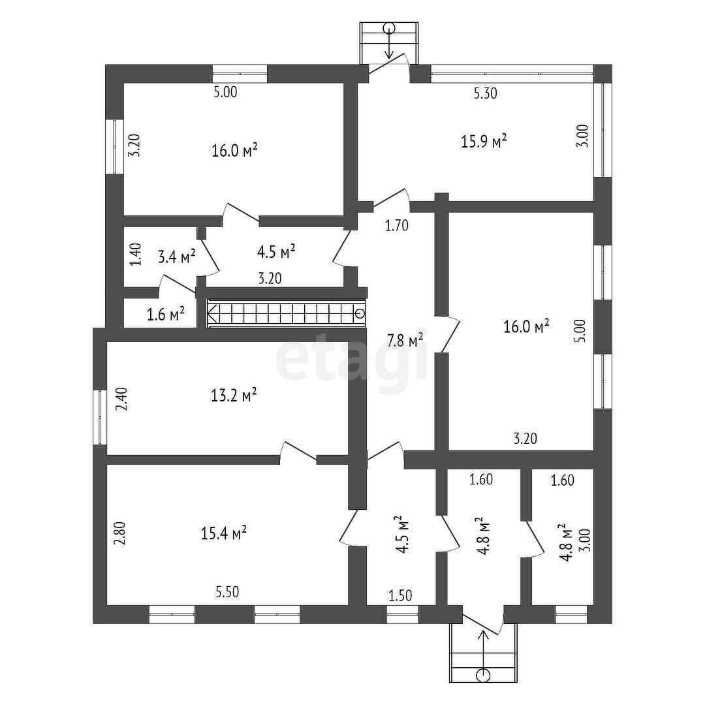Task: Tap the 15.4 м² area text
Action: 223,533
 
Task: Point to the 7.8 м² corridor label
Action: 405,340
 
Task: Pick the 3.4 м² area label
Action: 176,257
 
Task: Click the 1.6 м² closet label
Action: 165,315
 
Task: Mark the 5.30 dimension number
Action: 485,93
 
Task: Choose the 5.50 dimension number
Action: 227,592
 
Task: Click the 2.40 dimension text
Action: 121,399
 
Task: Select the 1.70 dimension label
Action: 396,227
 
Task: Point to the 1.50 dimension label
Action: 401,595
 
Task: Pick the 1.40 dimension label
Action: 135,254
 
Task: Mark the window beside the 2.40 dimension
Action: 100,418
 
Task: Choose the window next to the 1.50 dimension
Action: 402,614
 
